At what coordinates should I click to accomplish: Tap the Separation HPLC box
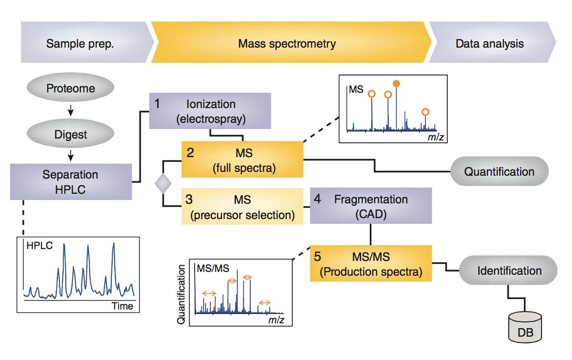point(70,181)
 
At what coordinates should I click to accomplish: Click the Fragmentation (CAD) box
point(371,206)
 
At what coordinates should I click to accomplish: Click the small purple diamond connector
point(163,183)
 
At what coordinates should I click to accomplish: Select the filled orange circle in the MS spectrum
point(396,84)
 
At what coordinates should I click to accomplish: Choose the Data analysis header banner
point(490,44)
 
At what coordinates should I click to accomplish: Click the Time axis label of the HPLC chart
point(122,306)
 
